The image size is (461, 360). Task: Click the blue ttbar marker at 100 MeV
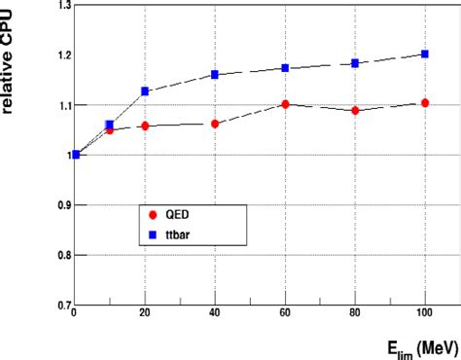[425, 54]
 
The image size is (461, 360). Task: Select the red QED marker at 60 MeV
[285, 104]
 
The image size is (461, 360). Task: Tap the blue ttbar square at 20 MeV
[145, 91]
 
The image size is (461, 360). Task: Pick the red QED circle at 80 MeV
[355, 111]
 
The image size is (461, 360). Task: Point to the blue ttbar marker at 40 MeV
[215, 75]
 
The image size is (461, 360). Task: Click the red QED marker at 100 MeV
[425, 103]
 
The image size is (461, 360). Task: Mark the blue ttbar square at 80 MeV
[355, 63]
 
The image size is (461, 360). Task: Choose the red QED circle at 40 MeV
[215, 124]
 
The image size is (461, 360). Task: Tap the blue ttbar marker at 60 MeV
[285, 68]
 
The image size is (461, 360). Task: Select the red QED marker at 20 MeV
[145, 126]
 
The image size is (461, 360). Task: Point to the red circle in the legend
[154, 216]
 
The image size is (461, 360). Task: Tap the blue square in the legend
[154, 234]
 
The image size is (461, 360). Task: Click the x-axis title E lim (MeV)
[412, 345]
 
